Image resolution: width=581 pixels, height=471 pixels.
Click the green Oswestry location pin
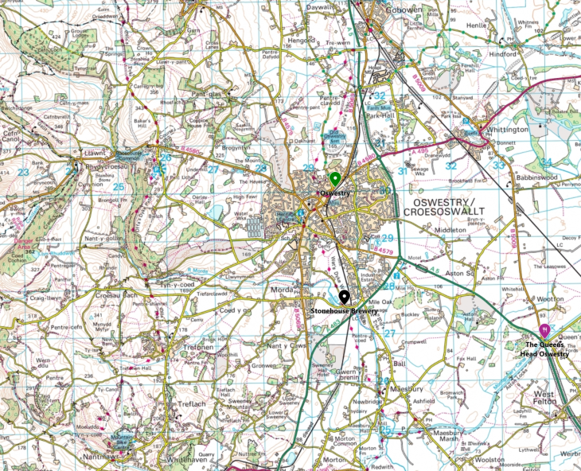tap(335, 178)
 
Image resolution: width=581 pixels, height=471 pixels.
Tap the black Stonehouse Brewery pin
tap(344, 297)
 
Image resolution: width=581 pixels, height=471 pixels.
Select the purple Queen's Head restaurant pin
tap(544, 328)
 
